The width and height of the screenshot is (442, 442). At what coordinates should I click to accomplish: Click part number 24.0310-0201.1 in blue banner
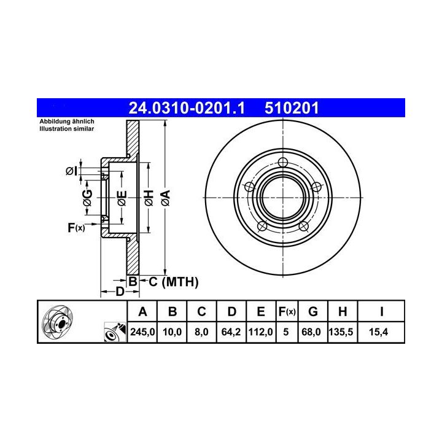coord(187,108)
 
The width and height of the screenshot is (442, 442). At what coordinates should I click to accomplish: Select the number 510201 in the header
coord(292,108)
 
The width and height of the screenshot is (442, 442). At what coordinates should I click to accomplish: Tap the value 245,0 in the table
coord(142,331)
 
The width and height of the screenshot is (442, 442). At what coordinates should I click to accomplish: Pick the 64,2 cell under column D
coord(231,331)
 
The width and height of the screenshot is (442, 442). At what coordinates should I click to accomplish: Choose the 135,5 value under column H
coord(341,331)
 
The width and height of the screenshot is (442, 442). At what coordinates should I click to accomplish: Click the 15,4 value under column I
coord(378,331)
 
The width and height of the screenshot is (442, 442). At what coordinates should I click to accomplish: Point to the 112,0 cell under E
coord(260,331)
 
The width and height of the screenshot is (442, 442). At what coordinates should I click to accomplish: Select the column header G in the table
coord(313,312)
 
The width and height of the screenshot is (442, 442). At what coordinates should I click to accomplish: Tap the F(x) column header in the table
coord(287,312)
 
